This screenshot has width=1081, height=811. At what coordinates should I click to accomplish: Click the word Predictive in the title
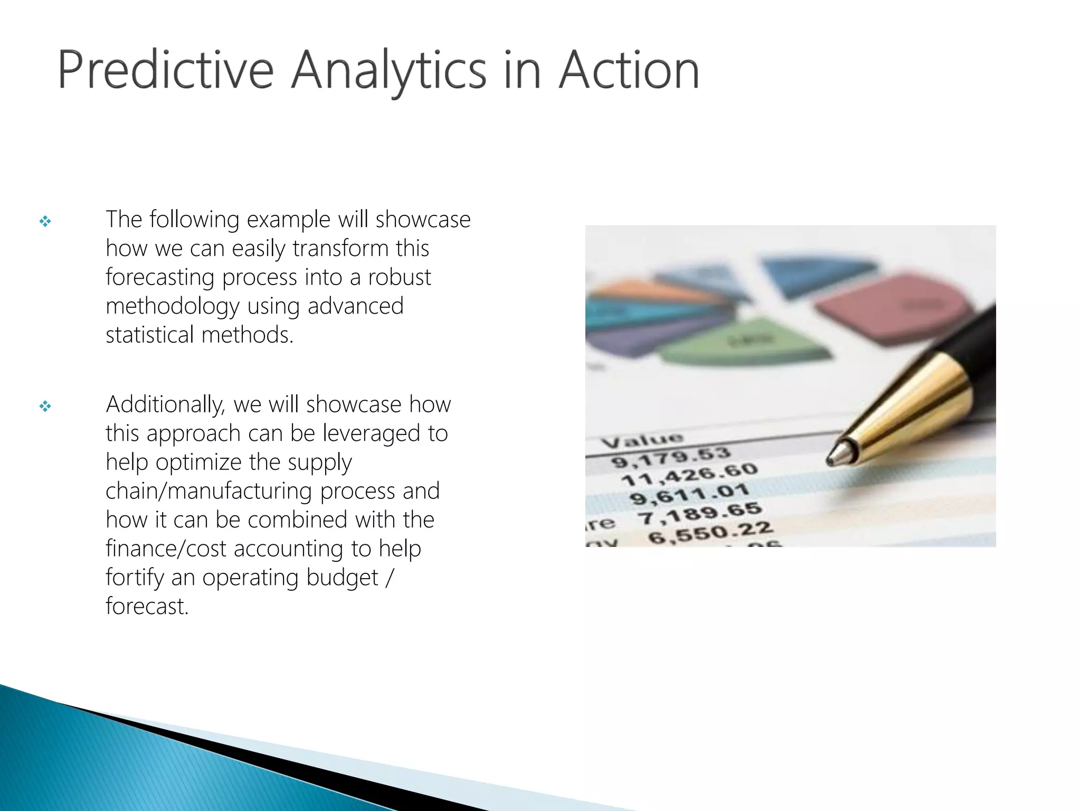(165, 70)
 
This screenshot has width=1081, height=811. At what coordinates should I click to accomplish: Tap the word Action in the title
(629, 70)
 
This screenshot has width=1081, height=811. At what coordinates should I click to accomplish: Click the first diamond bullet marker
(45, 221)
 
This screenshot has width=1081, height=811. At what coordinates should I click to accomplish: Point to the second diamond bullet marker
(45, 406)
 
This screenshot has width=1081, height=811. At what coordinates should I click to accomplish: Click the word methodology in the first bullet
(172, 306)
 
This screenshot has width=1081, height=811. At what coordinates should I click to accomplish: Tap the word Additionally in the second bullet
(165, 405)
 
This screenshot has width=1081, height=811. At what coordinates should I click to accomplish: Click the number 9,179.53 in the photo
(671, 457)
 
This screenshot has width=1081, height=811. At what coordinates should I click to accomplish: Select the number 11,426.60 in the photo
(689, 474)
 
